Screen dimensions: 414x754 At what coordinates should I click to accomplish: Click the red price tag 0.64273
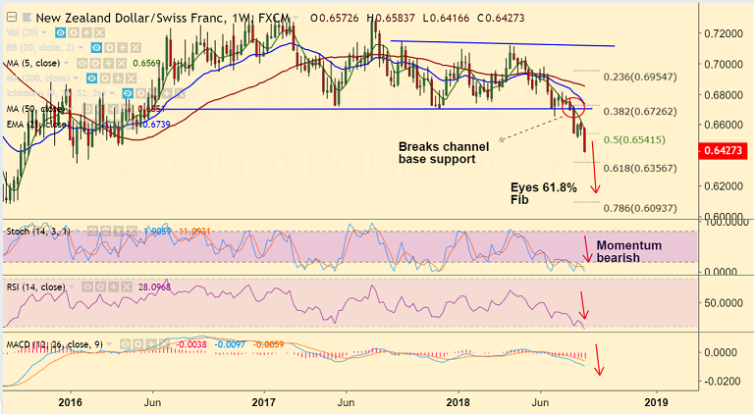725,151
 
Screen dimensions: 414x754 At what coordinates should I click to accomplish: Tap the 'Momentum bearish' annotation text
629,252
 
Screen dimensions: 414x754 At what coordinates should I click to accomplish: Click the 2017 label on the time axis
263,402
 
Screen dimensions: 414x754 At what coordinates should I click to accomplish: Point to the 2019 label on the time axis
655,402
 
